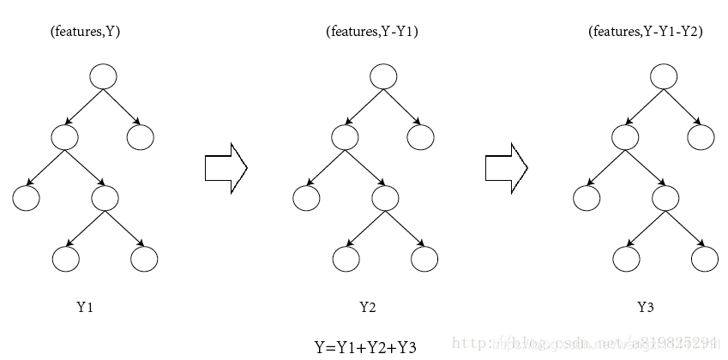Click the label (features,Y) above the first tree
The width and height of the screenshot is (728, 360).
click(84, 32)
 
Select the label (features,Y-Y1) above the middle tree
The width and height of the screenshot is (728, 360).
click(371, 32)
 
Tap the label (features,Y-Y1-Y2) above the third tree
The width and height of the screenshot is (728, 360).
click(645, 32)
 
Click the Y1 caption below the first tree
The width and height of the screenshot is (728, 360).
click(84, 307)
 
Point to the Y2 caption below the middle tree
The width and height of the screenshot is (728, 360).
click(367, 307)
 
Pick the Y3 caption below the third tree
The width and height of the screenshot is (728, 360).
click(646, 307)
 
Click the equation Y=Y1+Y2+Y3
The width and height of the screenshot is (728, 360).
click(365, 347)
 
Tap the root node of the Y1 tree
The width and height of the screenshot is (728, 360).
click(103, 76)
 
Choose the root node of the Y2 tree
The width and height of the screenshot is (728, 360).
click(383, 76)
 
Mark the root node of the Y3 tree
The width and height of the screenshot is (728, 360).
click(664, 76)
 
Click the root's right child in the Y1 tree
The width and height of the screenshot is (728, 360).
click(141, 136)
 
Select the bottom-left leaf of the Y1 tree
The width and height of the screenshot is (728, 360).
click(65, 258)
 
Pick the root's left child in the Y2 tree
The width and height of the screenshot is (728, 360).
click(346, 136)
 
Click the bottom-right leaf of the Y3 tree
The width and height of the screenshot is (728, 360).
click(704, 258)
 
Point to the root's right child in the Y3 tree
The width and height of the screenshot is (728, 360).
click(701, 136)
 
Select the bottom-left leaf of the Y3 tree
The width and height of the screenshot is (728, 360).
click(626, 258)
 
